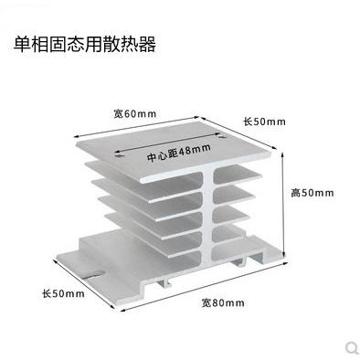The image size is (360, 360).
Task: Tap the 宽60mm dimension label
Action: coord(134,113)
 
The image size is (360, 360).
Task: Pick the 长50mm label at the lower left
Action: coord(63,293)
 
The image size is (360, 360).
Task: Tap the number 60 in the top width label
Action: coord(133,113)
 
